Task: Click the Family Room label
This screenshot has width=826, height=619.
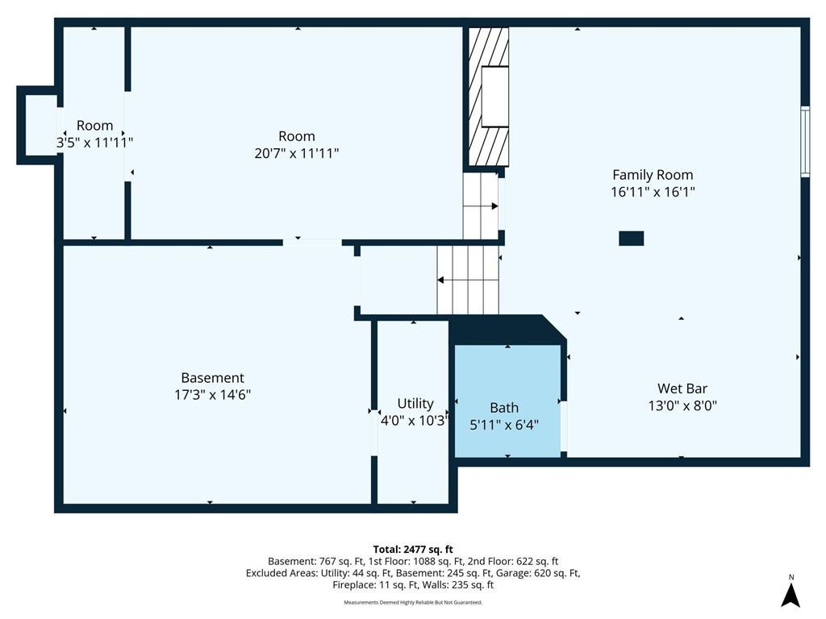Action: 653,175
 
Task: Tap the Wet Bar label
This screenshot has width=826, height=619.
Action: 682,388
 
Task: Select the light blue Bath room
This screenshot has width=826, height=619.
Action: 507,401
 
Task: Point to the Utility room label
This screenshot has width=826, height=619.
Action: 415,404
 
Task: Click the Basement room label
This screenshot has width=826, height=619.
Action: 212,377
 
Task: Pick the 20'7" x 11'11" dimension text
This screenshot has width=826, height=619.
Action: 297,153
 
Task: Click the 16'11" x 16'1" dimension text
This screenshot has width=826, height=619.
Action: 653,192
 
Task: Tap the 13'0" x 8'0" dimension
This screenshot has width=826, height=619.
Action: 682,406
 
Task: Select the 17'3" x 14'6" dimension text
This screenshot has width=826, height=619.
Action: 212,395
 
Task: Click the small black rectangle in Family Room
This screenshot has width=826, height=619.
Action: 631,239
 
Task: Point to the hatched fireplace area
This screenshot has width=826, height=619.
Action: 488,97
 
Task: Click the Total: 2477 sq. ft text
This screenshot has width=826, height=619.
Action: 413,550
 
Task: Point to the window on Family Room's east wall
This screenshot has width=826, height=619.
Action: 805,141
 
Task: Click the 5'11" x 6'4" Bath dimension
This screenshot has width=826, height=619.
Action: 504,425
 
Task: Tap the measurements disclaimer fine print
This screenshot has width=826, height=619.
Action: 413,602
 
